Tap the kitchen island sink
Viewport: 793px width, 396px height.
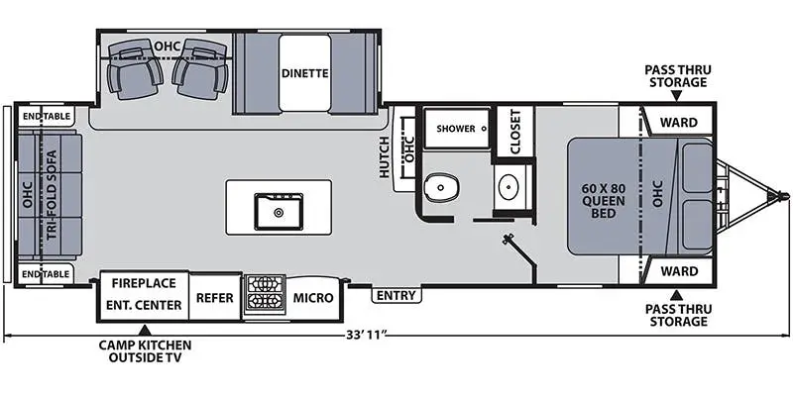(x=278, y=209)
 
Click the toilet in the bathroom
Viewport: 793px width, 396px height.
(x=441, y=188)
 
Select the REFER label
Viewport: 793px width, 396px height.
(x=214, y=296)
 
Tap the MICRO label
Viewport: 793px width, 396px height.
(x=313, y=296)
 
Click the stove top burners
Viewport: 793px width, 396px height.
(x=264, y=295)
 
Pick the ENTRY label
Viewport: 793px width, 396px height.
(x=395, y=295)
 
